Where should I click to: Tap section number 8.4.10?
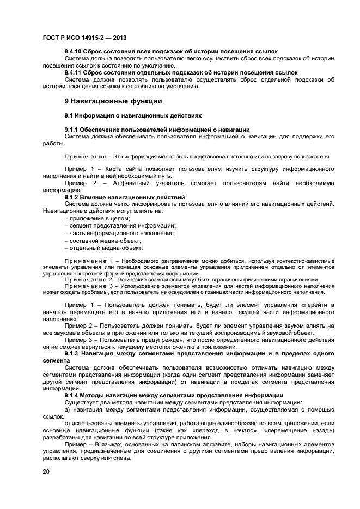[76, 51]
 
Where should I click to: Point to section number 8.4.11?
[76, 72]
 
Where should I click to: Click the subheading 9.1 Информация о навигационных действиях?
[133, 115]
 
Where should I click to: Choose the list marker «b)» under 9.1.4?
[68, 422]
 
